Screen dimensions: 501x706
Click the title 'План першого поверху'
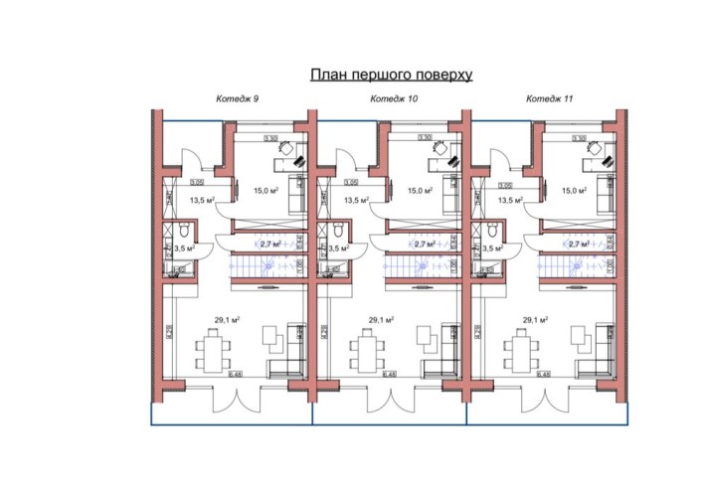click(x=390, y=75)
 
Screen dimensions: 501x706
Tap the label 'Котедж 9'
click(x=238, y=98)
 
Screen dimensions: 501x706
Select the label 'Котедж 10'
click(x=394, y=98)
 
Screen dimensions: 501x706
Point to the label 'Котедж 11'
click(x=548, y=98)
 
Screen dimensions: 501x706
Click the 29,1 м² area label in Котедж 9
click(x=229, y=319)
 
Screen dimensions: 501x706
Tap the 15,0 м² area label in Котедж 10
click(x=420, y=190)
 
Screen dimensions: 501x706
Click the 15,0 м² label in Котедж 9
click(x=265, y=190)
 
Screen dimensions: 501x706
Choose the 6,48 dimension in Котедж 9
click(x=236, y=375)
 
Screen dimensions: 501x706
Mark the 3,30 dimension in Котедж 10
click(x=425, y=137)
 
